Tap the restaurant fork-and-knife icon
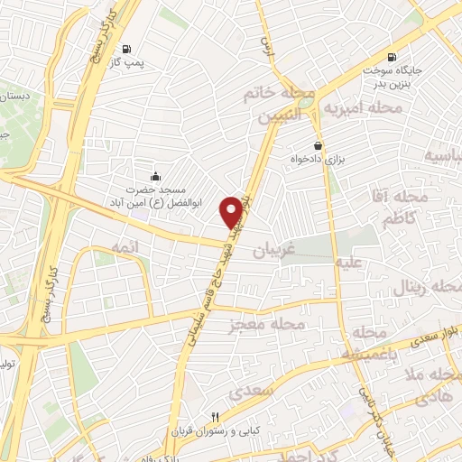point(214,417)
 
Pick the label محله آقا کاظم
point(390,207)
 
